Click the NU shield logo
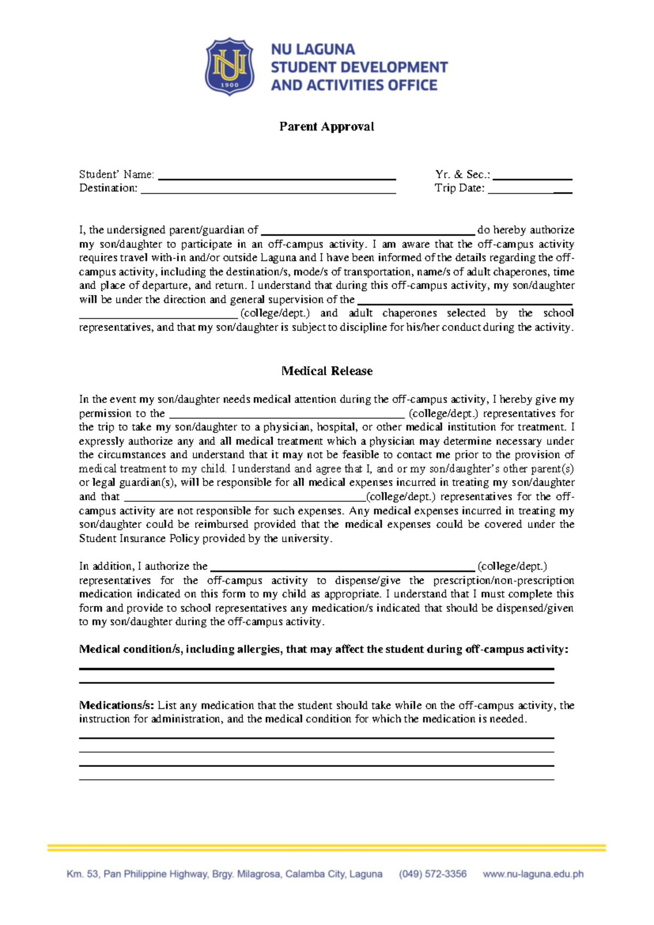229,67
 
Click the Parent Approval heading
326,127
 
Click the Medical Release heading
327,371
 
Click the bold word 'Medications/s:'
117,705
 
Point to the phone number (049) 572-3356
433,874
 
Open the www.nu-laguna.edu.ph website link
533,874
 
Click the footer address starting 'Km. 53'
224,874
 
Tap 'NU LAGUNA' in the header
313,50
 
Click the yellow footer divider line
326,848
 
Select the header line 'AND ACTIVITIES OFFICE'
354,85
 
